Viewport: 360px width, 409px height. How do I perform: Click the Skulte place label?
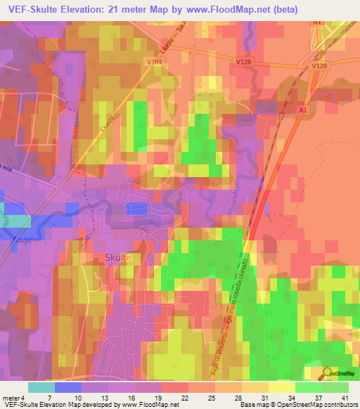click(117, 258)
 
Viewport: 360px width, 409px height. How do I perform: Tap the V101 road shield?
click(155, 61)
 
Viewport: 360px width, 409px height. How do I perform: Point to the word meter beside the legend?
click(8, 398)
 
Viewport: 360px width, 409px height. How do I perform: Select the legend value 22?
click(184, 398)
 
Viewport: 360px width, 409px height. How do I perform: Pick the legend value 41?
click(344, 398)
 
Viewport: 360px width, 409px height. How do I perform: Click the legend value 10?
click(77, 398)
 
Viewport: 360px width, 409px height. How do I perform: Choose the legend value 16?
click(131, 398)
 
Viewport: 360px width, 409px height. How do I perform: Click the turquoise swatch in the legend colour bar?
click(41, 387)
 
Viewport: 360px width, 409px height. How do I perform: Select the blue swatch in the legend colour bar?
click(68, 387)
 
